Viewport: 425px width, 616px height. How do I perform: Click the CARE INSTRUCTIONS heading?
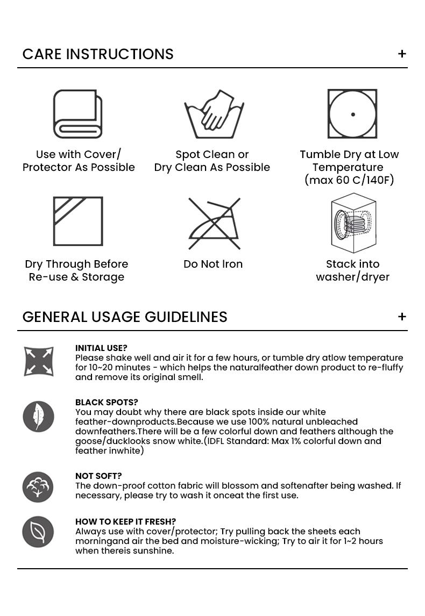coord(98,54)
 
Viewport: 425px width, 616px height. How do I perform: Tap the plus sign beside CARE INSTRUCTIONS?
coord(402,54)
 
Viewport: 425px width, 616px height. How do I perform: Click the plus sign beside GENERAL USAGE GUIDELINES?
coord(402,317)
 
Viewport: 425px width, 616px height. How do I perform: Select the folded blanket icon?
coord(77,114)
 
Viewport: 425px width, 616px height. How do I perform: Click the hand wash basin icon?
coord(214,114)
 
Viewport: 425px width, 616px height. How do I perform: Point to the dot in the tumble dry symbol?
coord(353,114)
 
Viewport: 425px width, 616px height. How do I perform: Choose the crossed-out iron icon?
coord(214,223)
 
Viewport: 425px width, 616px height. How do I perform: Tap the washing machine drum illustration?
coord(353,223)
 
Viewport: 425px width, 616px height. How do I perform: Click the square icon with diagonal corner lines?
coord(77,221)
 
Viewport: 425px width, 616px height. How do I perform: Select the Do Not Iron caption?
coord(213,264)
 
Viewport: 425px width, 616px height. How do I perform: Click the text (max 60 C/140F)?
coord(349,180)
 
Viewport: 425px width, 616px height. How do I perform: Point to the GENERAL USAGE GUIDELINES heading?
coord(125,317)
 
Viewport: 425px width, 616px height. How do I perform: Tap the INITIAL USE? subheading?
coord(101,348)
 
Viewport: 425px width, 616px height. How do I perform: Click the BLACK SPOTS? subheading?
coord(107,402)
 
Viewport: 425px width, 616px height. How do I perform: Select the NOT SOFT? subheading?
coord(98,476)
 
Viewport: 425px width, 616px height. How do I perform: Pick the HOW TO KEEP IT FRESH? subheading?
coord(125,521)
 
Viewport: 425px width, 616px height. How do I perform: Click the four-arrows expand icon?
coord(38,361)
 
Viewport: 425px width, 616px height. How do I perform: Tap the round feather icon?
coord(38,416)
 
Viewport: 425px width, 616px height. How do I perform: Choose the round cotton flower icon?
coord(38,487)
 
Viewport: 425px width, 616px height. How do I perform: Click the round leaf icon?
coord(38,532)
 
